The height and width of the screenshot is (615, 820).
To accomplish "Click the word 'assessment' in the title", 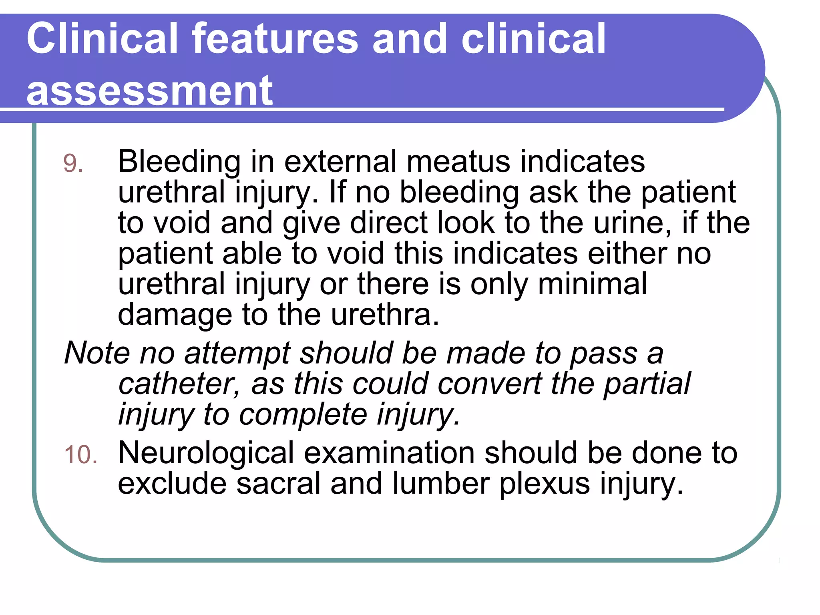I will coord(149,91).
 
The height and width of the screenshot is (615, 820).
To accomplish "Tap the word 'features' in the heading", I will coord(275,38).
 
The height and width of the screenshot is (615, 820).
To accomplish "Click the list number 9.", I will coord(73,164).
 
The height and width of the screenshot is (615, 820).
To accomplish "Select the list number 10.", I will coord(80,455).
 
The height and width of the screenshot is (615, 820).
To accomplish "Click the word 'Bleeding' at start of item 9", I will coord(179,162).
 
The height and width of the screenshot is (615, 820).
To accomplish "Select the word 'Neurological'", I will coord(206,453).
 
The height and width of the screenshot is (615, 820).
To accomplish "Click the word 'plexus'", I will coord(545,484).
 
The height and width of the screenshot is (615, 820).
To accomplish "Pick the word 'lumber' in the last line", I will coord(441,484).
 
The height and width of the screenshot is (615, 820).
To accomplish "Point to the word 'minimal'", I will coord(592,284).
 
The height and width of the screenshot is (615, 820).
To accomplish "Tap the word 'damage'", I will coord(175,315).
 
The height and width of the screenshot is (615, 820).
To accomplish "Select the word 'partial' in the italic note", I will coord(647,384).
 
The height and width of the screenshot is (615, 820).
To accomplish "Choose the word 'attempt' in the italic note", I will coord(237,353).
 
